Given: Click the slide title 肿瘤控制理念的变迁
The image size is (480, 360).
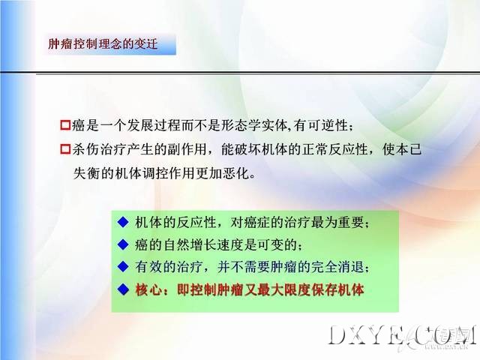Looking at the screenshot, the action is click(103, 44).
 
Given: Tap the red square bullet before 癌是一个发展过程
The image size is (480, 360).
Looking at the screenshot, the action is click(65, 125).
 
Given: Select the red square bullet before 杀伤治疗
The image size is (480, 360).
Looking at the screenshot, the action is click(65, 149).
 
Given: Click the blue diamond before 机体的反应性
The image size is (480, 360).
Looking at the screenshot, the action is click(123, 222).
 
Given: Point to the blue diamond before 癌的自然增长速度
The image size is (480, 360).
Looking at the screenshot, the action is click(123, 244).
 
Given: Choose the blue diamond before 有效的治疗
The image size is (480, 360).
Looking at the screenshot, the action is click(123, 267).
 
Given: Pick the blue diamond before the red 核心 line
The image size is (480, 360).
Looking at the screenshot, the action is click(123, 289).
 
